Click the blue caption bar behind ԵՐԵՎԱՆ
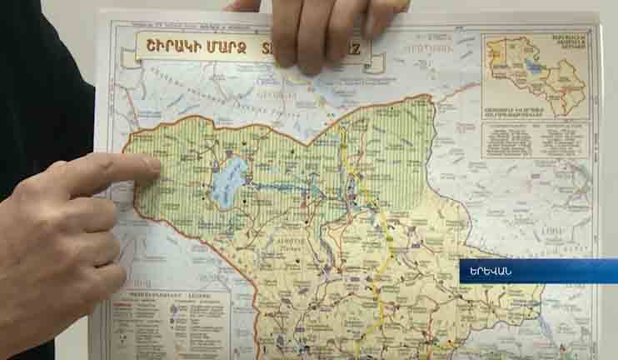pos(550,271)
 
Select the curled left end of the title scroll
pos(128,55)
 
